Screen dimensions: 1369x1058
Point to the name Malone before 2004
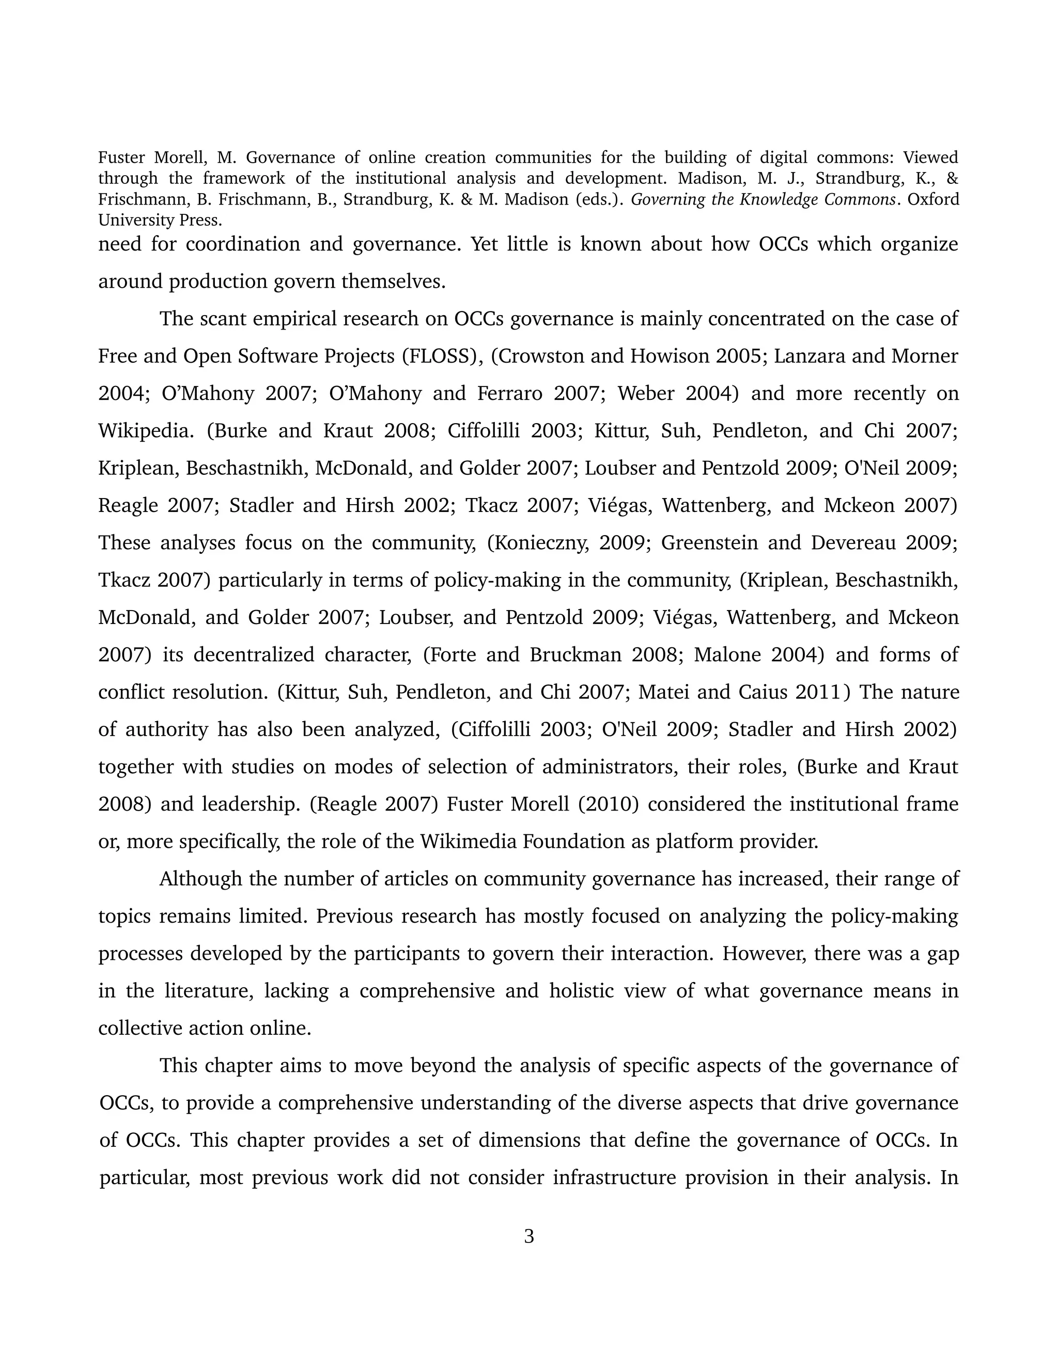point(721,655)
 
